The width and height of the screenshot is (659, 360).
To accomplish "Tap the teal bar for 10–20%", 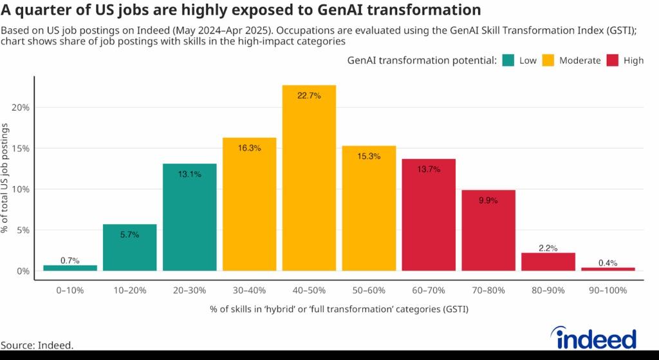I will (x=129, y=248).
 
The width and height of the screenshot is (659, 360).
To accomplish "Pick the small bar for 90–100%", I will (x=608, y=269).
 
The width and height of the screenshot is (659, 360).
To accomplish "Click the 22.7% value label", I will (x=309, y=96).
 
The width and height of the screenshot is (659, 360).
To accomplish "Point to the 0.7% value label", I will (x=70, y=261).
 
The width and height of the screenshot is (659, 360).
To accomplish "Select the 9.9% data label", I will (x=488, y=200).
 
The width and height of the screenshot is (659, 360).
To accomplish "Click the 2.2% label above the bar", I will (x=548, y=248).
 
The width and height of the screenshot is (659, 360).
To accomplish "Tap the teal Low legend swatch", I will (x=507, y=61).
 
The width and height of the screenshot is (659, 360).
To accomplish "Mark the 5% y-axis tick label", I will (x=23, y=231).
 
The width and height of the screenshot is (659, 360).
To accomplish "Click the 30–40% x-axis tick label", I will (x=249, y=290).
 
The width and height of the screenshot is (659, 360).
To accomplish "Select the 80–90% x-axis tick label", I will (x=548, y=290).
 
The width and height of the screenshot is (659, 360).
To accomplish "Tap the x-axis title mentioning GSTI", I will (x=339, y=310).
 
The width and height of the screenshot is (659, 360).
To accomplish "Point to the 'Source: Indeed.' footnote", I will (x=37, y=345).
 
